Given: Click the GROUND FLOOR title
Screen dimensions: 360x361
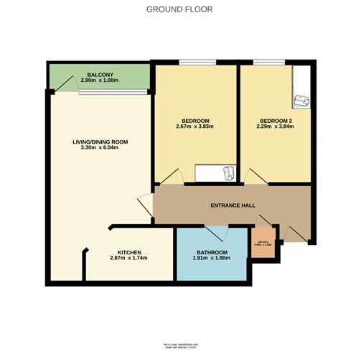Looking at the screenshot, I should coord(180,9).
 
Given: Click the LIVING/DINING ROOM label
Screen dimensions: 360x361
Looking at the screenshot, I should coord(100,142).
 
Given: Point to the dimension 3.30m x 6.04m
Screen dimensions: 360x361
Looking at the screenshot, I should coord(100,149).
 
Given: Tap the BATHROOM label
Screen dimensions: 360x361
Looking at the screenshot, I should coord(212,253).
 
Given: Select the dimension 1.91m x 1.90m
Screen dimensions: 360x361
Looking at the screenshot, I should coord(212,260).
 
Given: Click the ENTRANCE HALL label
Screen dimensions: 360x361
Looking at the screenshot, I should coord(233,206).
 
